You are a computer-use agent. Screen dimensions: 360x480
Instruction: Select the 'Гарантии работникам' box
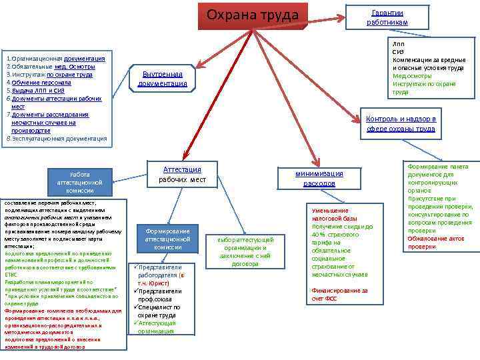(387, 17)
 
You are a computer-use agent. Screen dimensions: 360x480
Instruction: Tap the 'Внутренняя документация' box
(162, 79)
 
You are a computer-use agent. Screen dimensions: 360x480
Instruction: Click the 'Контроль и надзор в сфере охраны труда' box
(401, 124)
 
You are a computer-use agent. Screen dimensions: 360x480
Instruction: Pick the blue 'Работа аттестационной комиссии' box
(79, 182)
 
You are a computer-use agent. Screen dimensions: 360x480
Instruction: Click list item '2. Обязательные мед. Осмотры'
(51, 67)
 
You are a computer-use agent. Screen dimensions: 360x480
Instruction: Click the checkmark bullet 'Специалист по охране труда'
(159, 311)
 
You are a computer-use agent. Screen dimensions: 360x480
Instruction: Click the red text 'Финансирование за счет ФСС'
(339, 295)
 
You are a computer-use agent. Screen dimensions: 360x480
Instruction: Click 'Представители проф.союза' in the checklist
(159, 295)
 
